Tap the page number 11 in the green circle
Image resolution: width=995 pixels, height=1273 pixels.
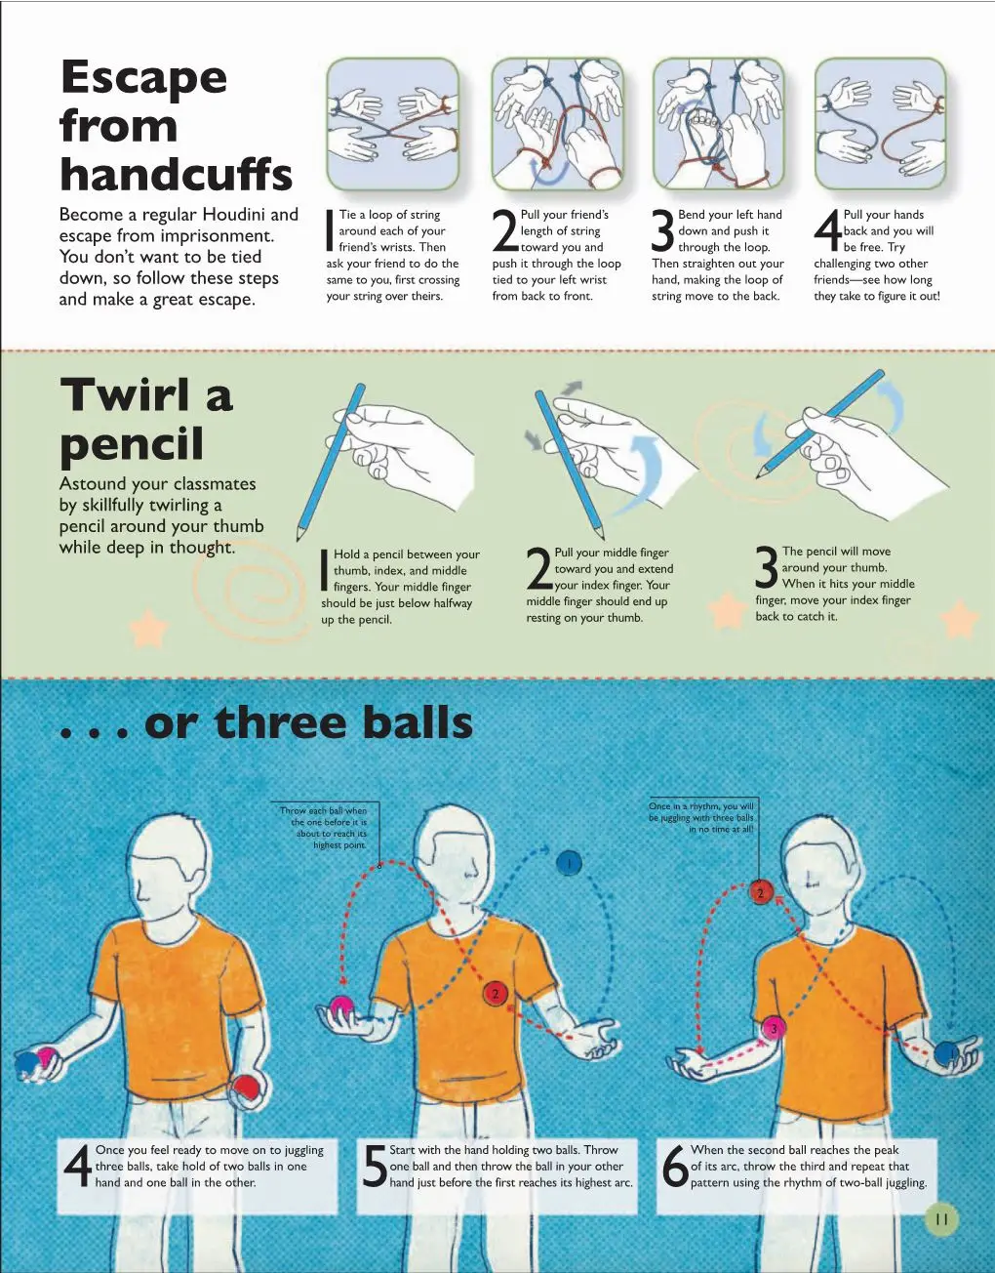pos(941,1219)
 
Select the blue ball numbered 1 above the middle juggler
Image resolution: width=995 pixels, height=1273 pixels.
pos(570,863)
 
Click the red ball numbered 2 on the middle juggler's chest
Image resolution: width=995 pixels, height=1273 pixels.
pos(496,993)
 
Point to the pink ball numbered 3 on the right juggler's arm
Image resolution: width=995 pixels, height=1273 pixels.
pos(774,1028)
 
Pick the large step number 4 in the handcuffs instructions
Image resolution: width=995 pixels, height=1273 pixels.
pos(827,231)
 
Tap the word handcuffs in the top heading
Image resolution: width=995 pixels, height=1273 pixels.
pos(177,175)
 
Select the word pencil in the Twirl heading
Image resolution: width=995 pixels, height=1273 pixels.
pos(132,444)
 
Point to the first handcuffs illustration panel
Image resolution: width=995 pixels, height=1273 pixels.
pos(392,124)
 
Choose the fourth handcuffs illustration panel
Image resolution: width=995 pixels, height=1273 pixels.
pos(880,124)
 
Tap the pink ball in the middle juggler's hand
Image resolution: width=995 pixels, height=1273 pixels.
pos(341,1006)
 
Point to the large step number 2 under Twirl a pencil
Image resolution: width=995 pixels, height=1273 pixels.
pos(539,568)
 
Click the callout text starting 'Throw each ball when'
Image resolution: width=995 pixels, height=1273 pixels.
pos(324,828)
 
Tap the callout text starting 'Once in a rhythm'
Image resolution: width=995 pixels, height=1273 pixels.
pos(701,817)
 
